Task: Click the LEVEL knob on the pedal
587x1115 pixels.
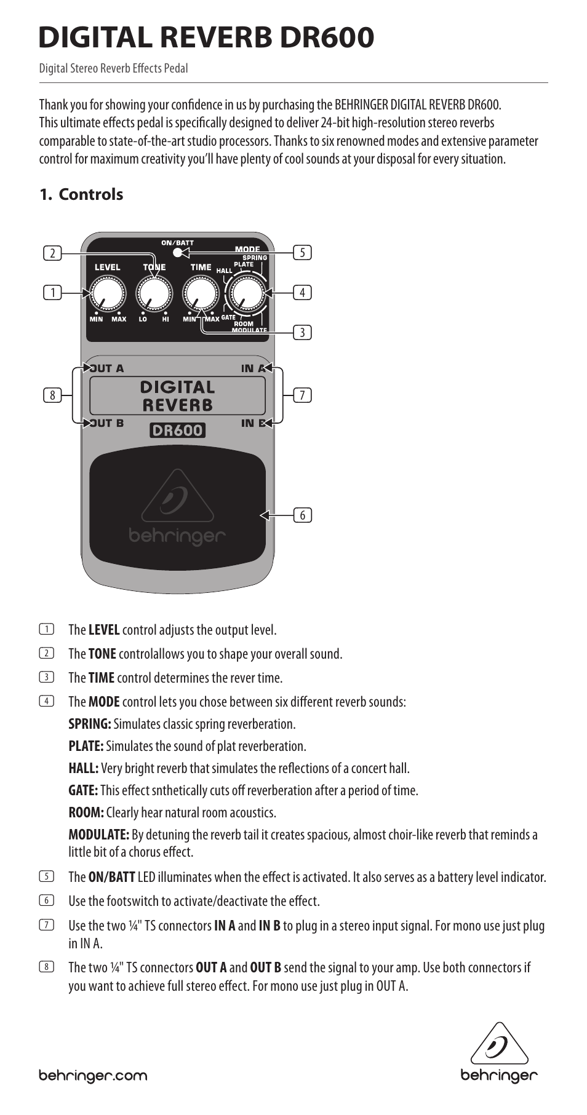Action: (x=106, y=293)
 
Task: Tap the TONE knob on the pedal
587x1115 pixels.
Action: (x=154, y=293)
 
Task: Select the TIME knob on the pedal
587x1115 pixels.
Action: (x=201, y=293)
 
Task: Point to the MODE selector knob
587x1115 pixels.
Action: (x=246, y=294)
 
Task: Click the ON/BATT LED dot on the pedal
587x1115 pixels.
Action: (x=178, y=253)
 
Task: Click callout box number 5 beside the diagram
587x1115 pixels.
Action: (x=302, y=253)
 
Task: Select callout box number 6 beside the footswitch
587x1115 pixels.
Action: (x=302, y=515)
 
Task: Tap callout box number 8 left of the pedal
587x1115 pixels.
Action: (x=52, y=395)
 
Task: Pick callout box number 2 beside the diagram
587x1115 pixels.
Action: (x=52, y=253)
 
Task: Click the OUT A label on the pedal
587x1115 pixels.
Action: (x=107, y=369)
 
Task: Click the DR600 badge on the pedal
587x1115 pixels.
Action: (x=177, y=431)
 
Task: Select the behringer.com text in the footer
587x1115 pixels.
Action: (x=93, y=1076)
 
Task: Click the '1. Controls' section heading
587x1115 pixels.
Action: (x=81, y=194)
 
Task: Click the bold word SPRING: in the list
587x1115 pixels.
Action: (x=90, y=724)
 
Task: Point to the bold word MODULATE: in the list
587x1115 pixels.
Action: (x=98, y=835)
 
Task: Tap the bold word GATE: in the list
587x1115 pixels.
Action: (x=83, y=790)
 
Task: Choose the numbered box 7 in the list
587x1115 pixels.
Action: (x=46, y=925)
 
